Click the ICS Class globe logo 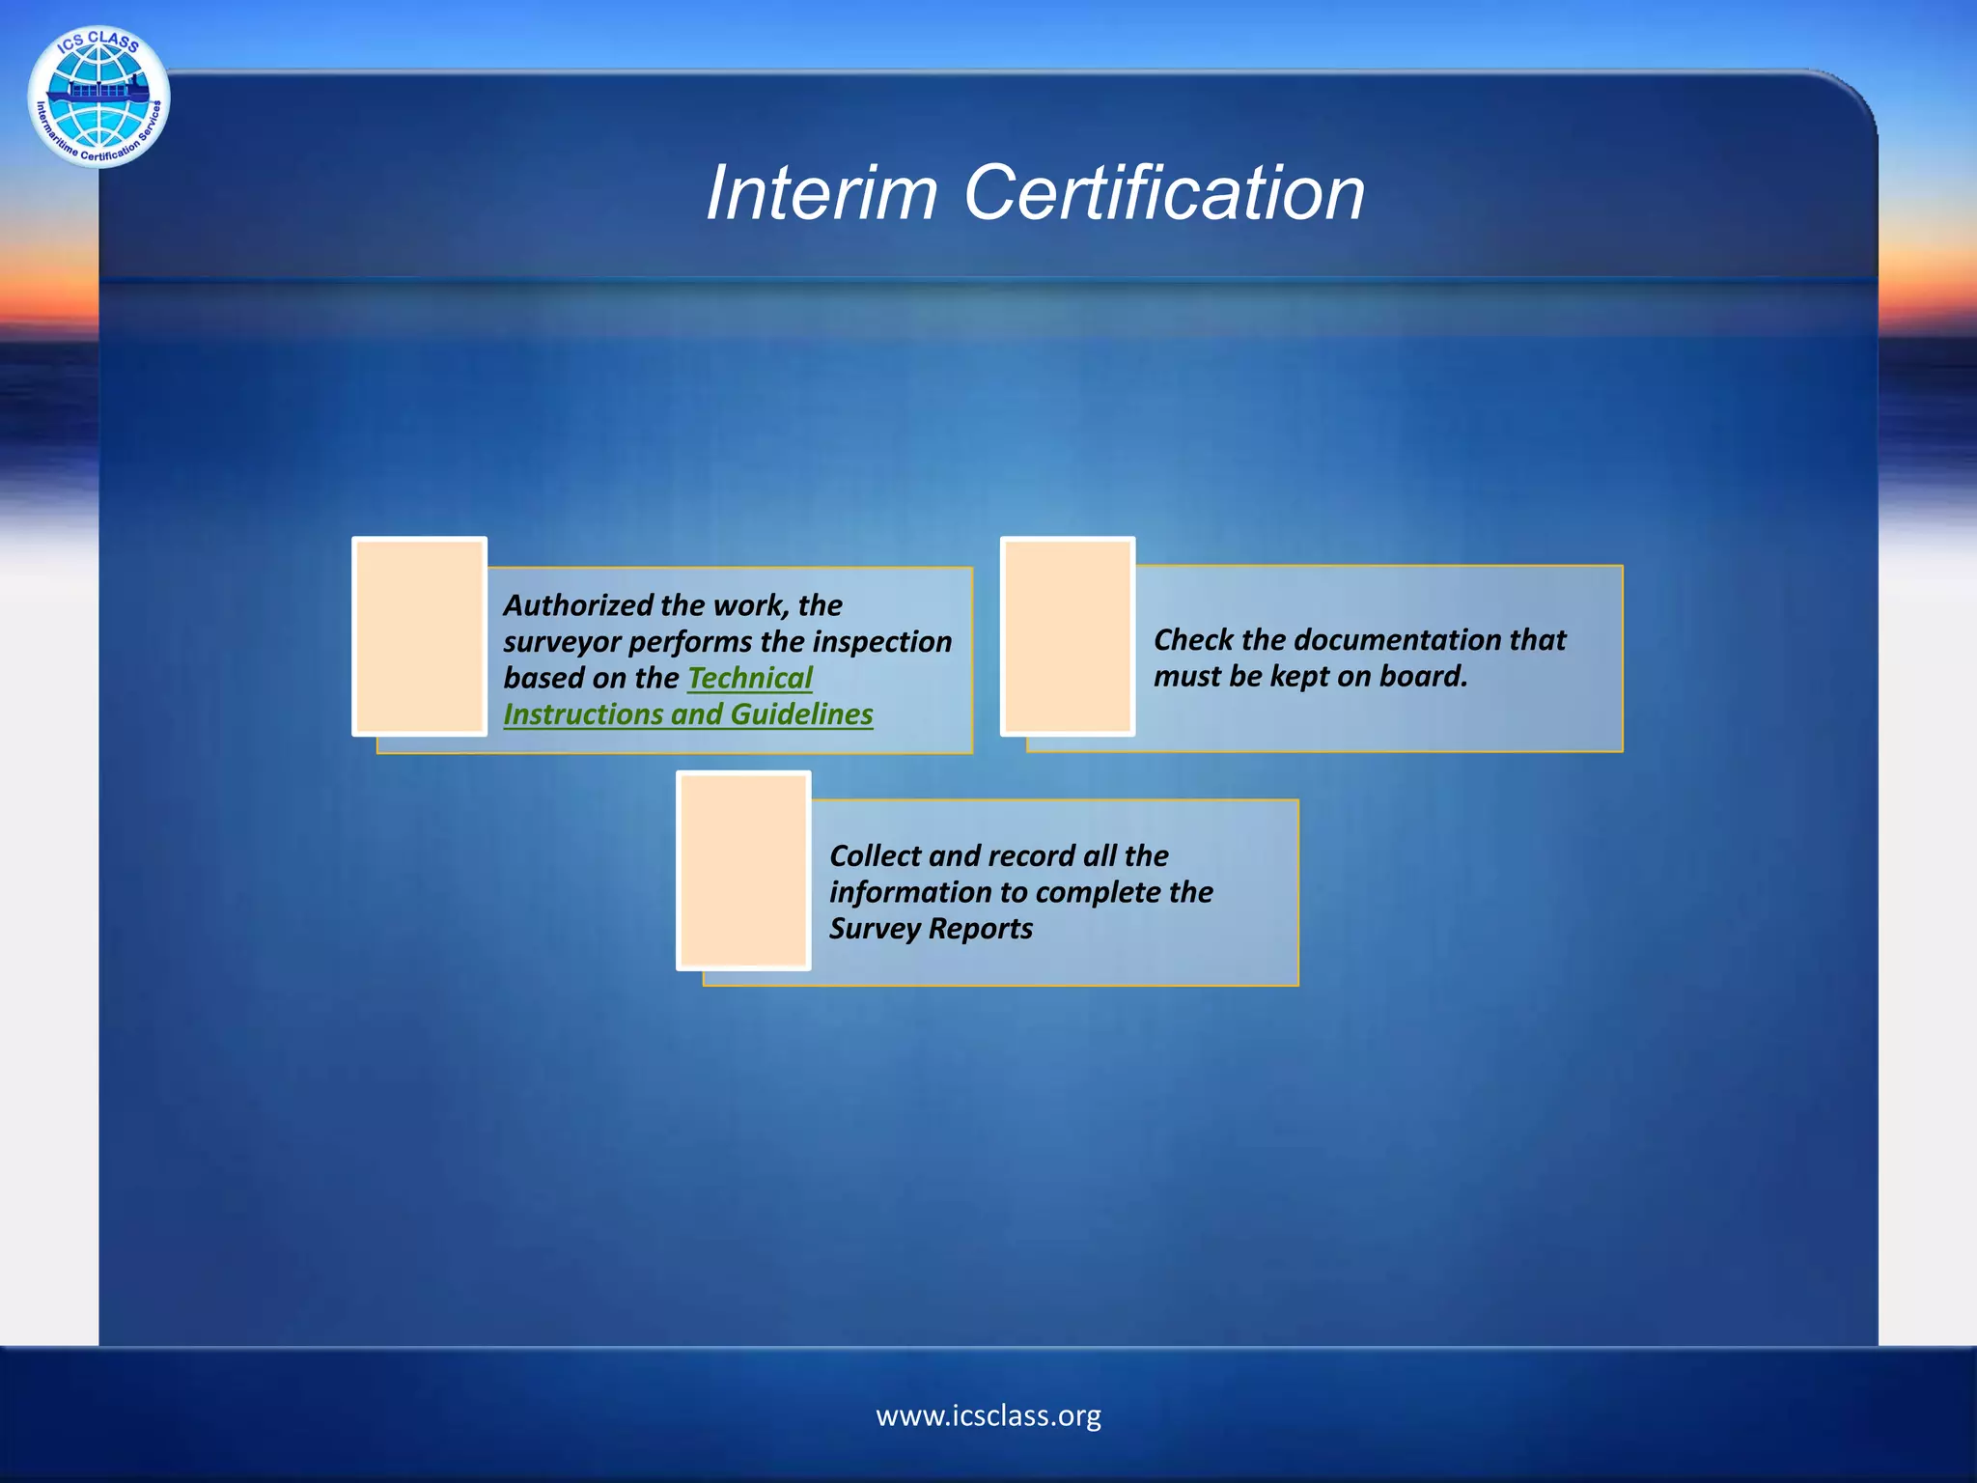coord(98,97)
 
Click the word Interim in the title coord(821,193)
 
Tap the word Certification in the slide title coord(1164,193)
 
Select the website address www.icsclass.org coord(988,1415)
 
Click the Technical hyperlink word coord(750,678)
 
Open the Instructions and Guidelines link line coord(688,714)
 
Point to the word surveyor coord(562,642)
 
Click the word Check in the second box coord(1193,640)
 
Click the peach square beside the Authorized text coord(420,636)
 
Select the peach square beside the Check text coord(1068,636)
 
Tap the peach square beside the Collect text coord(743,870)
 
